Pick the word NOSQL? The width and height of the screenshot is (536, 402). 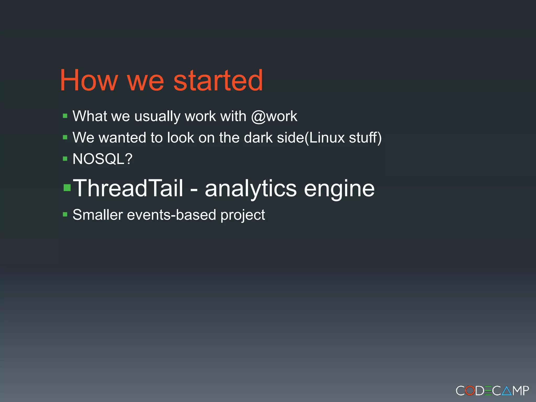click(x=102, y=159)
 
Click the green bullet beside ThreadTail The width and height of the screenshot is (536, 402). click(x=67, y=188)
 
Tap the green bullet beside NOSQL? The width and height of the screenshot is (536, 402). click(x=65, y=159)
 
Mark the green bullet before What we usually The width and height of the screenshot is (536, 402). click(x=65, y=116)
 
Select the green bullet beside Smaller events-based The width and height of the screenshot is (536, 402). click(x=65, y=215)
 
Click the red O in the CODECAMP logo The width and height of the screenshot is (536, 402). click(x=470, y=390)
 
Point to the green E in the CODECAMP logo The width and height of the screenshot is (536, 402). click(x=488, y=390)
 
